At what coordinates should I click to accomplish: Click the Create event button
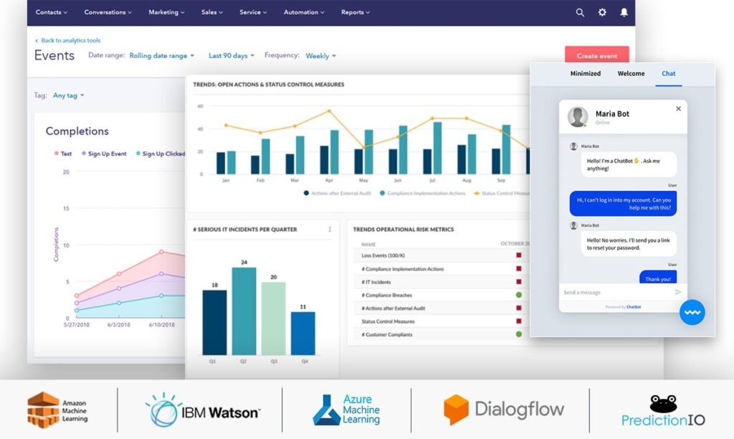596,56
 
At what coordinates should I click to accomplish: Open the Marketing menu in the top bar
166,12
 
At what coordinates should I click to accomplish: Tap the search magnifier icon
580,12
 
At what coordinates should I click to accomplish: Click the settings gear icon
602,12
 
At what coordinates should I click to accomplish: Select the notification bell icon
624,12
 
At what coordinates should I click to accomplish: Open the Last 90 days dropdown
231,56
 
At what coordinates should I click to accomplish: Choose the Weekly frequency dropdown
320,56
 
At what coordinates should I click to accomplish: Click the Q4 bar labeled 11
302,333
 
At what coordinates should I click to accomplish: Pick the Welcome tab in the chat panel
631,74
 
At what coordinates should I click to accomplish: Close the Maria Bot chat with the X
678,109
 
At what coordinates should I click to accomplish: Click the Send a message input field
613,293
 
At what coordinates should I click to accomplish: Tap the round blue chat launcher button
692,313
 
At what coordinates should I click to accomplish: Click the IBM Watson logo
203,410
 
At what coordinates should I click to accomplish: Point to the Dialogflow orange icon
456,410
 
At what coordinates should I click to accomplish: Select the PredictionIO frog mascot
663,402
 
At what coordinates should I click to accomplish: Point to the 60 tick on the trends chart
201,106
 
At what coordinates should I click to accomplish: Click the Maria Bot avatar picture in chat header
577,117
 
